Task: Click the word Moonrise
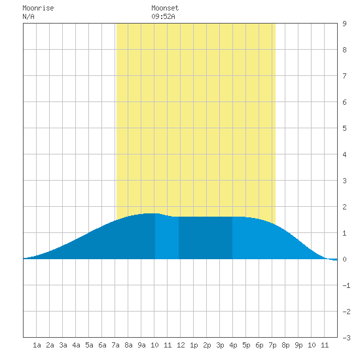(38, 8)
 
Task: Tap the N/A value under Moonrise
(28, 16)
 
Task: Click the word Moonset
(165, 8)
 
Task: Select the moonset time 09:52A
(163, 16)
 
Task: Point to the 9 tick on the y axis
(344, 24)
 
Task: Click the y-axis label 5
(344, 128)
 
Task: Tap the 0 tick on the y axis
(344, 259)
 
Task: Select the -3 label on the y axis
(346, 338)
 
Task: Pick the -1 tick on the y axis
(346, 285)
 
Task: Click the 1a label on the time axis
(37, 345)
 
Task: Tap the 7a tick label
(115, 345)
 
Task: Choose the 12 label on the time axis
(181, 345)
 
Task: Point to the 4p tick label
(233, 345)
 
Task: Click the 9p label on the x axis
(298, 345)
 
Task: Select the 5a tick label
(89, 345)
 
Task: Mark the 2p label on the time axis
(207, 345)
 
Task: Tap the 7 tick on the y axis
(344, 76)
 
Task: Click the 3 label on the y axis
(344, 181)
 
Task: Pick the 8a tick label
(128, 345)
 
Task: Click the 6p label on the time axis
(259, 345)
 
